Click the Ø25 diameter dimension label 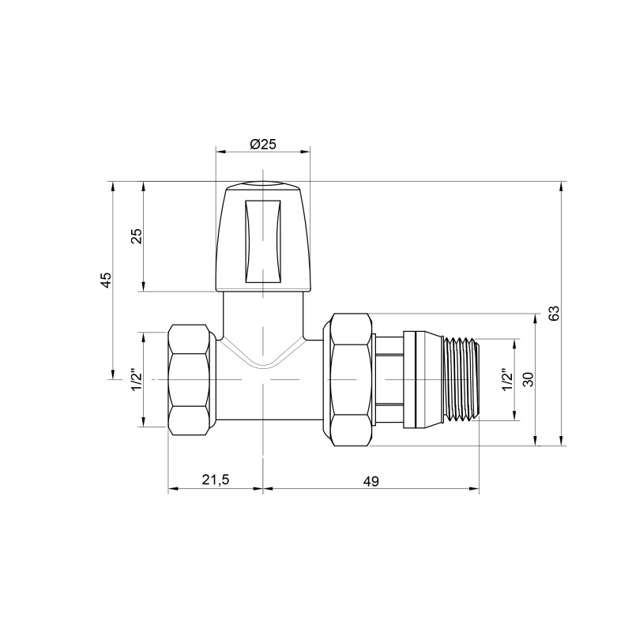tap(263, 144)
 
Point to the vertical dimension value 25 tap(135, 236)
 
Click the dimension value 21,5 tap(215, 481)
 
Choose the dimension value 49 tap(371, 481)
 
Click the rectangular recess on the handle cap tap(263, 240)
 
